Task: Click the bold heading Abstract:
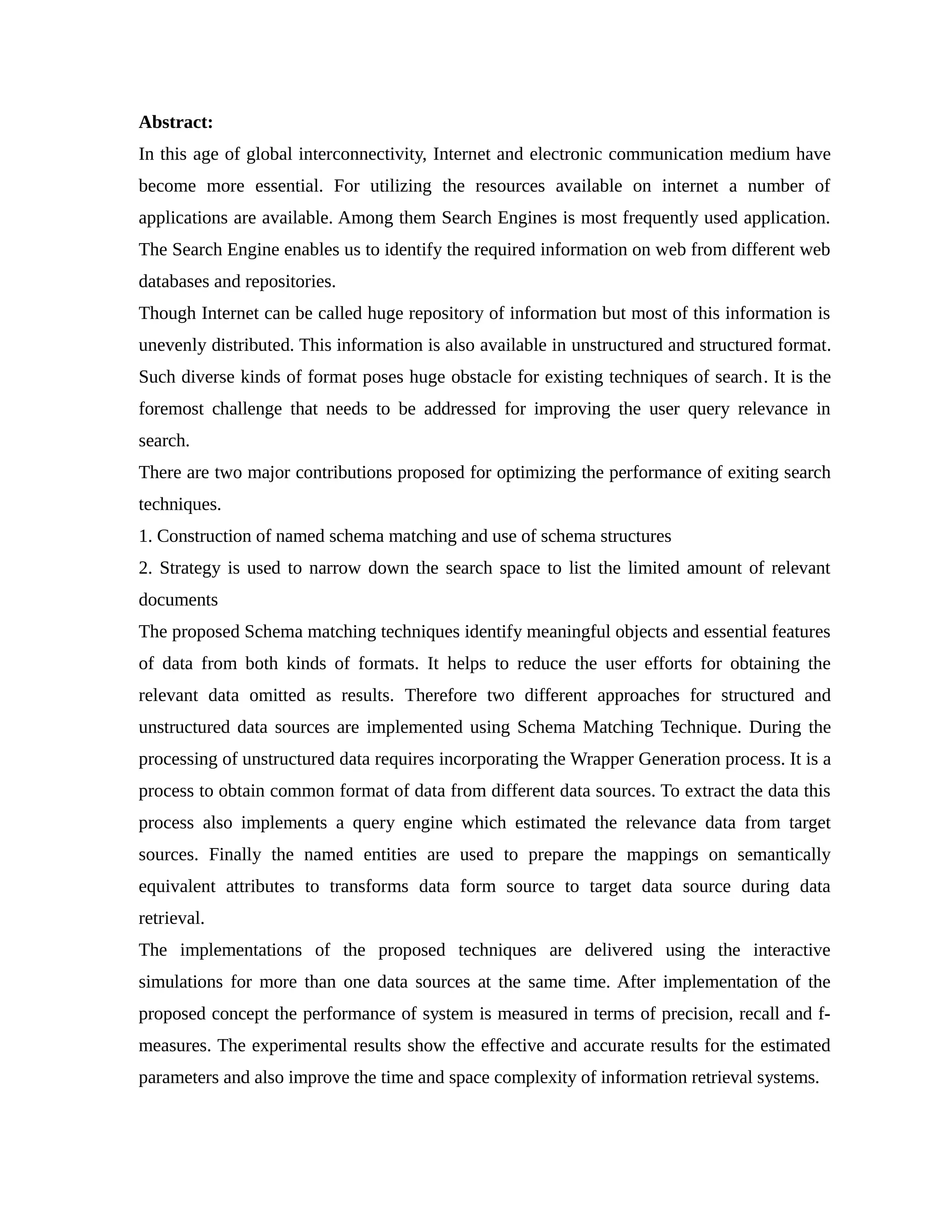pyautogui.click(x=176, y=122)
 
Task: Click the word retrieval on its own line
pyautogui.click(x=171, y=918)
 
